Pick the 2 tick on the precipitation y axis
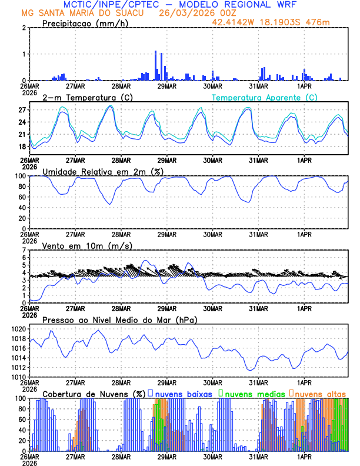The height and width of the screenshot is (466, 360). click(24, 28)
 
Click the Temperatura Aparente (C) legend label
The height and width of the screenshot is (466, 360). click(265, 98)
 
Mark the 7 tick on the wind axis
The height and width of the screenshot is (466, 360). click(24, 251)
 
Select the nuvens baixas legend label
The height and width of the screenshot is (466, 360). click(184, 393)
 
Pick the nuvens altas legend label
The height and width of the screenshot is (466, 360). click(320, 393)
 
